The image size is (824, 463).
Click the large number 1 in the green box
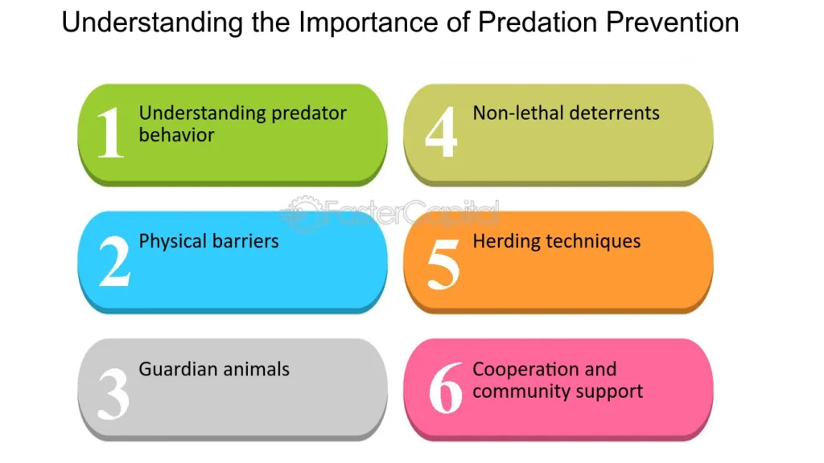[111, 132]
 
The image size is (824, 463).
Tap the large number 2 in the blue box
[114, 261]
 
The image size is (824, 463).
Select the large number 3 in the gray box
[113, 393]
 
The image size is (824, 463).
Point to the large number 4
[441, 132]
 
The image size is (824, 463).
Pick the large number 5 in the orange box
[443, 264]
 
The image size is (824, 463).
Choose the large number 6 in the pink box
[446, 387]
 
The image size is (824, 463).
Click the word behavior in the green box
[176, 135]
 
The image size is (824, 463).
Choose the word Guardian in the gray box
[178, 369]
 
